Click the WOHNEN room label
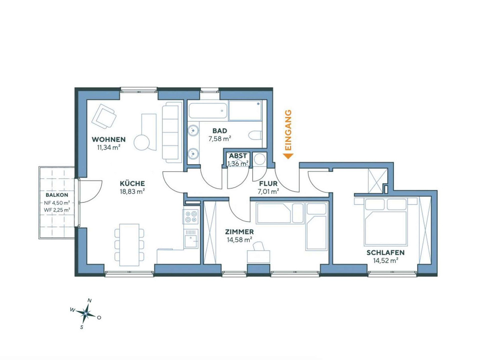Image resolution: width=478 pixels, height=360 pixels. pos(108,139)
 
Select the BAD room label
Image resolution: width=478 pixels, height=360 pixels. pos(219,131)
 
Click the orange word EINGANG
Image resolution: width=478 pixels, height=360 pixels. pos(288,130)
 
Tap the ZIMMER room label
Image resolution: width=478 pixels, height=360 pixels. pos(239,232)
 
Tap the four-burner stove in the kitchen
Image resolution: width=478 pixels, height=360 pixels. pos(190,216)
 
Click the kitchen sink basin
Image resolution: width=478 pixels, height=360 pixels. pos(190,241)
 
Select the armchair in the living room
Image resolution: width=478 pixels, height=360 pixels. pos(104,116)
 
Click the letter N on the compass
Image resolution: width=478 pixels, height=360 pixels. pos(89,301)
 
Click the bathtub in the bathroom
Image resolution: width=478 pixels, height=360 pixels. pos(208,111)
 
